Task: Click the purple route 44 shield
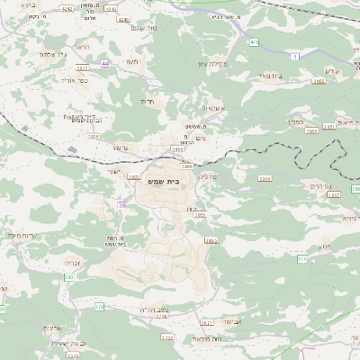[104, 64]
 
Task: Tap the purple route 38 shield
[121, 205]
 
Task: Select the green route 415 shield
[255, 41]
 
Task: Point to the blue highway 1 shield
[295, 57]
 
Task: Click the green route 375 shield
[302, 257]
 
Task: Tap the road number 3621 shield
[206, 322]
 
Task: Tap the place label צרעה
[121, 147]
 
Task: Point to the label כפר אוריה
[83, 81]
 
